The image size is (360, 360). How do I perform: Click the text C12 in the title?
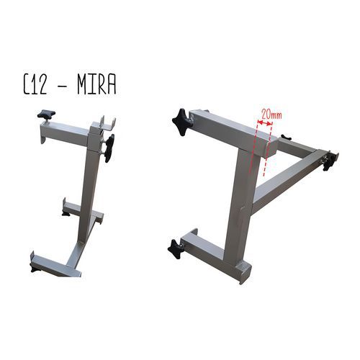point(35,86)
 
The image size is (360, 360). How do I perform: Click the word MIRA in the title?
point(96,86)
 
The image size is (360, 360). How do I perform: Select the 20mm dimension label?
point(271,114)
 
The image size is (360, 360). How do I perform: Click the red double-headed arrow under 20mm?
point(265,123)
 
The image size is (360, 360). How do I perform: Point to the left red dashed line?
point(253,147)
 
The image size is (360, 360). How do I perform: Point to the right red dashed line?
point(268,149)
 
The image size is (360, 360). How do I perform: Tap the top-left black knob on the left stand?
point(46,114)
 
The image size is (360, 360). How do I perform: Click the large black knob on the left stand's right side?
point(109,148)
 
